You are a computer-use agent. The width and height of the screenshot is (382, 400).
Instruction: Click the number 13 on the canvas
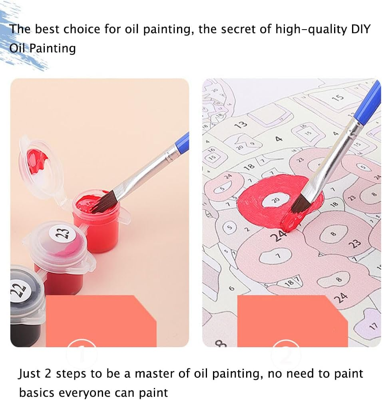tap(241, 124)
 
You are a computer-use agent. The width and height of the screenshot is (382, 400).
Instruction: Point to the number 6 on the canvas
tap(231, 288)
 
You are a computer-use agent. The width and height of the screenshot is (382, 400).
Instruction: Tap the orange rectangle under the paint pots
tap(100, 320)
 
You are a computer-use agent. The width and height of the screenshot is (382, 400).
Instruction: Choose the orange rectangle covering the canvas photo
tap(292, 320)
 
